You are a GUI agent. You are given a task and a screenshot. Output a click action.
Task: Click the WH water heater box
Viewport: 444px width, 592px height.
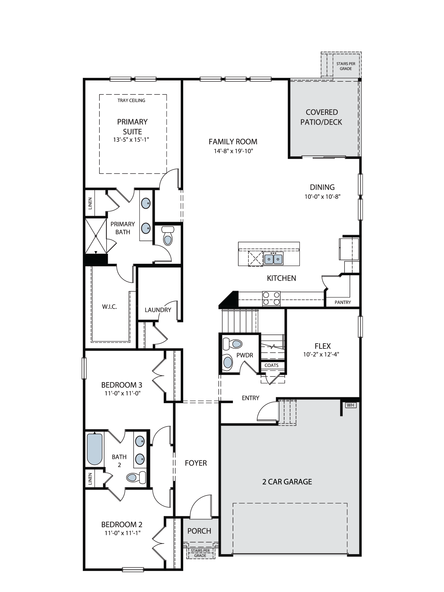[350, 405]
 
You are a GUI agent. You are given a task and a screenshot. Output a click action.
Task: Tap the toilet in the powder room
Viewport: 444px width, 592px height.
[233, 344]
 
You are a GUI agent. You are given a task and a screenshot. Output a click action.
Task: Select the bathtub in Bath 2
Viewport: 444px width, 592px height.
[95, 449]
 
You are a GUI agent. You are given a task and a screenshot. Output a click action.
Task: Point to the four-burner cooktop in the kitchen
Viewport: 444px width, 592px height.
[271, 298]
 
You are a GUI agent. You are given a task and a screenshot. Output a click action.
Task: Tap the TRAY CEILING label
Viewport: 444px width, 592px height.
[131, 100]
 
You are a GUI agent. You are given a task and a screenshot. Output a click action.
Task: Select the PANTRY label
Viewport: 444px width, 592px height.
[343, 302]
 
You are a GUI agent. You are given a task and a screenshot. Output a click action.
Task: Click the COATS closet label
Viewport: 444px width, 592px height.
[271, 365]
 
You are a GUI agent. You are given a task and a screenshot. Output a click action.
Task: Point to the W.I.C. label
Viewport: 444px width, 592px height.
[110, 307]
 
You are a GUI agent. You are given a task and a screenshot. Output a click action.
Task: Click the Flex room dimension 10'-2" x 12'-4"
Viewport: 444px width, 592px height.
[321, 354]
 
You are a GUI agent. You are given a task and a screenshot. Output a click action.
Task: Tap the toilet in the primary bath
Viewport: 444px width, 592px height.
[168, 236]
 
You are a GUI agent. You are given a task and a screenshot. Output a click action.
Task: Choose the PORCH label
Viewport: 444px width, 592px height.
[199, 531]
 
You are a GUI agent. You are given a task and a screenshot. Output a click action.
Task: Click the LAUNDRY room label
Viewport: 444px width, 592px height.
[158, 310]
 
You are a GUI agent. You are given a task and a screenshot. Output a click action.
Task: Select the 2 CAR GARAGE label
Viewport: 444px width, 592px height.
[287, 482]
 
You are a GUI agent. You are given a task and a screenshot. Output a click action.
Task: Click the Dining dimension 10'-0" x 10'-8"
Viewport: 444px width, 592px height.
[323, 197]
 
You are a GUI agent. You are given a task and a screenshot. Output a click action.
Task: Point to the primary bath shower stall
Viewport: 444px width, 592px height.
[96, 236]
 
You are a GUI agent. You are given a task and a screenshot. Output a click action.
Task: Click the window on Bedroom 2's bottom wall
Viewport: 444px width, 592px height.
[133, 569]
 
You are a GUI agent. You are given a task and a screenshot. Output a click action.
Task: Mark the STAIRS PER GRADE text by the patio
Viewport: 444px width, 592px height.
[346, 66]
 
